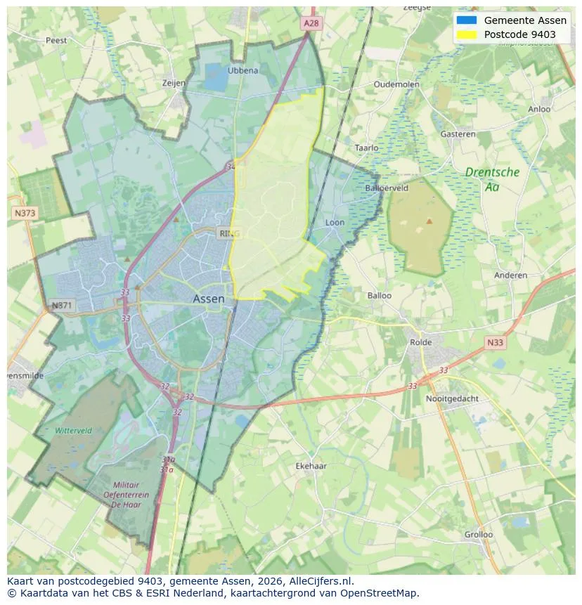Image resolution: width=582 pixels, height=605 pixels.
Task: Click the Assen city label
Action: click(209, 299)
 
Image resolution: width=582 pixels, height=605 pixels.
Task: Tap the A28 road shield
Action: click(311, 23)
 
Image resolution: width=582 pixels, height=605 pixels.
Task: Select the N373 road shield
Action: click(25, 212)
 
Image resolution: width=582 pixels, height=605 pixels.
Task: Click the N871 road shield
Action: click(62, 306)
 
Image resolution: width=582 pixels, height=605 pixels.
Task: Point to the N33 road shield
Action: click(495, 342)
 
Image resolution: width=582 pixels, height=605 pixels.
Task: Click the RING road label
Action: click(229, 233)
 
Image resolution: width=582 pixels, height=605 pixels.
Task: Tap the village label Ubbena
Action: click(243, 70)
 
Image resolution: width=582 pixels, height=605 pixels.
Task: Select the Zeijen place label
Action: click(174, 83)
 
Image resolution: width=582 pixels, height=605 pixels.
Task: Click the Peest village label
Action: click(56, 40)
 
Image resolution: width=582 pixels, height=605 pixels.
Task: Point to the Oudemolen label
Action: click(396, 84)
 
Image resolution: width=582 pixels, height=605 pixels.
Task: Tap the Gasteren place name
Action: click(458, 134)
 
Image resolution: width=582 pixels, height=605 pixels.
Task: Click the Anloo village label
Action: click(539, 109)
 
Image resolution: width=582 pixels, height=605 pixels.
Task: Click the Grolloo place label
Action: click(479, 534)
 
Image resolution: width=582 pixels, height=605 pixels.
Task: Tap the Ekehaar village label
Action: click(311, 465)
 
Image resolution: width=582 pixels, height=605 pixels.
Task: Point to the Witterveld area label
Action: click(73, 430)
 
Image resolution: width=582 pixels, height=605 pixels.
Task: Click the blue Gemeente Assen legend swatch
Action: click(466, 20)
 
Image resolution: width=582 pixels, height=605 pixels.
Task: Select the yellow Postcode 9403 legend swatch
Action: click(466, 34)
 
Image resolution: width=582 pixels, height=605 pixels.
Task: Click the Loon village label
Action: click(335, 223)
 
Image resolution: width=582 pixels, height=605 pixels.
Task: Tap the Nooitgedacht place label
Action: click(452, 398)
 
